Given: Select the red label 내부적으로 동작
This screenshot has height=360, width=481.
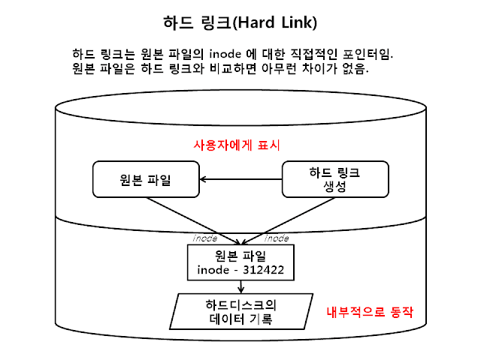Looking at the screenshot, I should click(371, 310).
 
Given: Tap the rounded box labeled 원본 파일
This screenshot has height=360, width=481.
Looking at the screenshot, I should click(146, 179).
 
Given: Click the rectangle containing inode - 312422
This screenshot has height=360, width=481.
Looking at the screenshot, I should click(240, 262).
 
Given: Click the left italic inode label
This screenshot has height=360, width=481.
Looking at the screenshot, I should click(205, 238).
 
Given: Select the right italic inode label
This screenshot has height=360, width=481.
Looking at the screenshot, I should click(277, 238).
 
